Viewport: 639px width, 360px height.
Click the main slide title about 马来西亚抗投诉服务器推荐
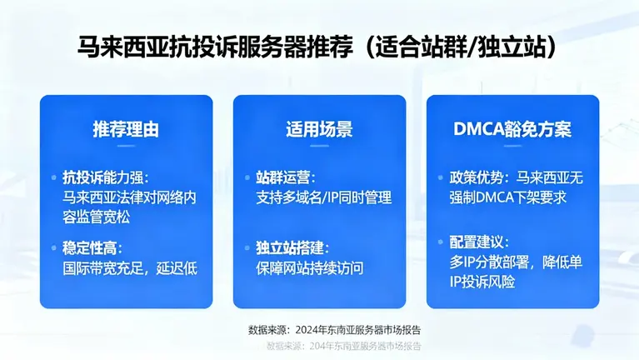pyautogui.click(x=319, y=47)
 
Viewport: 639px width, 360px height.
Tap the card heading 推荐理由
pyautogui.click(x=126, y=130)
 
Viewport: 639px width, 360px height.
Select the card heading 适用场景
pyautogui.click(x=319, y=130)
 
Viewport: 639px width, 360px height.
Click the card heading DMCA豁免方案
pyautogui.click(x=512, y=130)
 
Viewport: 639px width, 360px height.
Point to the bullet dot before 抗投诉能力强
pyautogui.click(x=54, y=178)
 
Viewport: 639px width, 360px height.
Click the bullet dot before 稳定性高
pyautogui.click(x=54, y=248)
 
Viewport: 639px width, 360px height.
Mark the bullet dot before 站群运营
pyautogui.click(x=247, y=178)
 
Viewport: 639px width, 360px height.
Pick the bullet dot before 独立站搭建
pyautogui.click(x=247, y=248)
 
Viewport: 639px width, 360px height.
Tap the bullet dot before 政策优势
pyautogui.click(x=441, y=178)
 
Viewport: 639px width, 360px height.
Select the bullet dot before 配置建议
pyautogui.click(x=441, y=242)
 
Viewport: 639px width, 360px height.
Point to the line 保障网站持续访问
pyautogui.click(x=310, y=268)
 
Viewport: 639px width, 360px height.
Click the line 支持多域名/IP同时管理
pyautogui.click(x=324, y=198)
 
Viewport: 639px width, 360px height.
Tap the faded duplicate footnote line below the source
pyautogui.click(x=343, y=345)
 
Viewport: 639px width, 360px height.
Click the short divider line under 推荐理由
pyautogui.click(x=126, y=148)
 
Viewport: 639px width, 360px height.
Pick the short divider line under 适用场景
pyautogui.click(x=319, y=148)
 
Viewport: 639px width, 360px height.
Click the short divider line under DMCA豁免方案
pyautogui.click(x=512, y=148)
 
